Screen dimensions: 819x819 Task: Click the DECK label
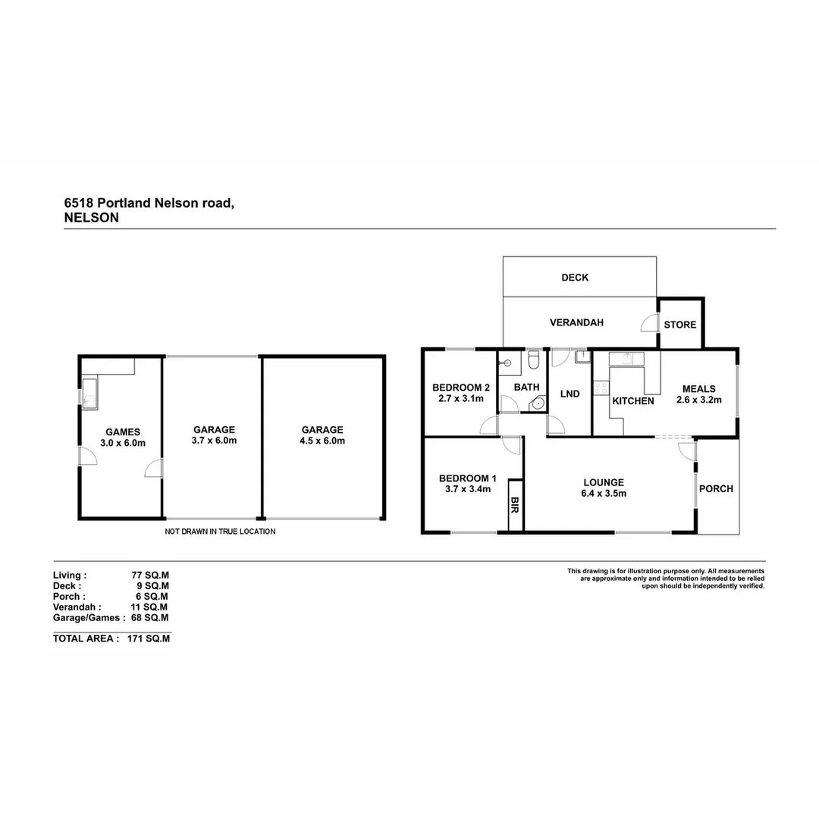point(575,278)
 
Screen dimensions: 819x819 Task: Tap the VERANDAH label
point(576,322)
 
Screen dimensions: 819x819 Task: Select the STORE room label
point(680,325)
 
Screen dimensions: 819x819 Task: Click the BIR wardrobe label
point(516,504)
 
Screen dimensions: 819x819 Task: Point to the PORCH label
point(716,488)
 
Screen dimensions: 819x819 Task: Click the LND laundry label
point(570,394)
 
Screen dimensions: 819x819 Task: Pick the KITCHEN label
point(633,400)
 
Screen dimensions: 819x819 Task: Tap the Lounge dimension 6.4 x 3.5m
point(604,494)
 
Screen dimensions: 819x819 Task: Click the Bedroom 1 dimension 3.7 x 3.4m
point(468,489)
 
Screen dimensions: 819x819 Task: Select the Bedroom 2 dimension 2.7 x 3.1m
point(461,398)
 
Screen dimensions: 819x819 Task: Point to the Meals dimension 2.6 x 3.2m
point(698,400)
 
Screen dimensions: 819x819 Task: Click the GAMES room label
point(123,432)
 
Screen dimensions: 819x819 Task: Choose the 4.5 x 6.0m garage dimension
point(322,441)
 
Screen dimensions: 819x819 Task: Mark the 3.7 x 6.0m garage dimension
point(215,441)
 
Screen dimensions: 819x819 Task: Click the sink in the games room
point(89,393)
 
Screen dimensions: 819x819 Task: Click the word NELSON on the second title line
point(92,217)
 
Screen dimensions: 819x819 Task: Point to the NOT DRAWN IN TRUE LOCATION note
point(220,532)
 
